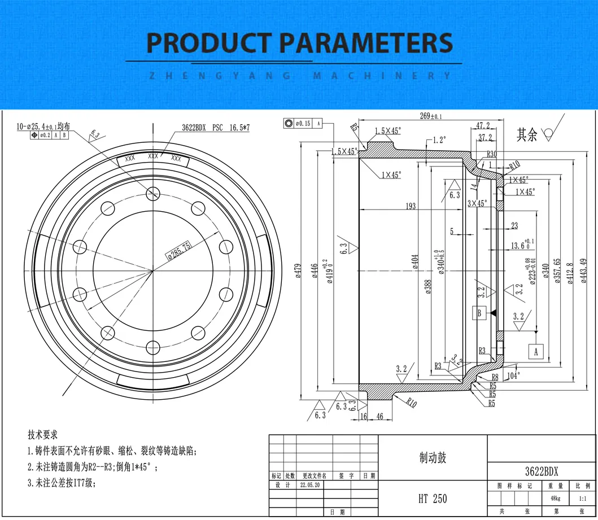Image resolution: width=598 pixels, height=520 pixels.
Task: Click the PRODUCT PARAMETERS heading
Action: tap(299, 43)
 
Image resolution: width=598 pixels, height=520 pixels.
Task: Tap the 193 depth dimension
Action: tap(410, 206)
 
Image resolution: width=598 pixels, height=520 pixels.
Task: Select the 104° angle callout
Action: tap(513, 374)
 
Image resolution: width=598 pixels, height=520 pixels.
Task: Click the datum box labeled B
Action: tap(479, 313)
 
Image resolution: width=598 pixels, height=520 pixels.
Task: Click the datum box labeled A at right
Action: tap(535, 351)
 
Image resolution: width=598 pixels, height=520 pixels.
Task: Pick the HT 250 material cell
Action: tap(433, 498)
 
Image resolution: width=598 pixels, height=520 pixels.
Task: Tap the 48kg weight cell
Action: tap(556, 498)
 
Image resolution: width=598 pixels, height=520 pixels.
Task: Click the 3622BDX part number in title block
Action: tap(541, 471)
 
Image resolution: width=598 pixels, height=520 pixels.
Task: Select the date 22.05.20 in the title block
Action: tap(311, 485)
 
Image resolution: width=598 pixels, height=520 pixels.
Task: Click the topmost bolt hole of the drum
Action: tap(152, 194)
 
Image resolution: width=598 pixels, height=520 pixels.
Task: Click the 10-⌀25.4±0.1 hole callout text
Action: tap(42, 127)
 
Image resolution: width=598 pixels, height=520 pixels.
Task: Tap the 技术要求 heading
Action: tap(42, 435)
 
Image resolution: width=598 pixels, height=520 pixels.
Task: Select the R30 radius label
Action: tap(491, 154)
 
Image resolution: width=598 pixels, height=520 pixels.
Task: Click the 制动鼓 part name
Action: tap(433, 458)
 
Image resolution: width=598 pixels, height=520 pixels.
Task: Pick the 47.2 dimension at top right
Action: tap(483, 125)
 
